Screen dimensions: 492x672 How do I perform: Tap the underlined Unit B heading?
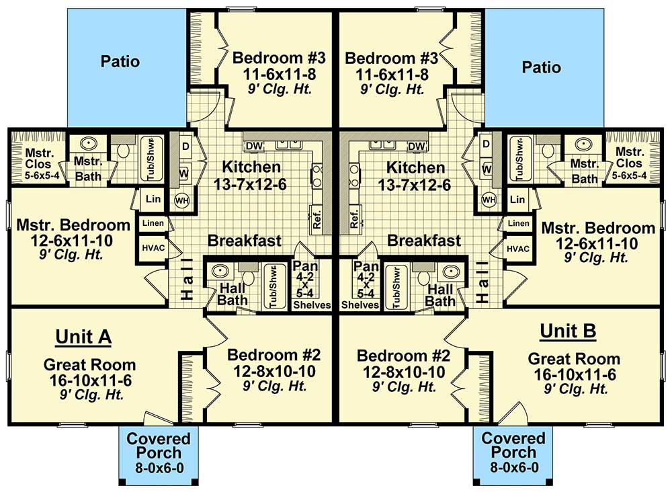point(568,331)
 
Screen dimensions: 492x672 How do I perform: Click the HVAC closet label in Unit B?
point(518,249)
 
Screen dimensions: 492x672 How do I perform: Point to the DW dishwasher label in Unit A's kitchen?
point(254,146)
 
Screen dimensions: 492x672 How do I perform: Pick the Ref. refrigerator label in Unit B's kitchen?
point(354,216)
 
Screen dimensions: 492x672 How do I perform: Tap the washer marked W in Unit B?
point(487,169)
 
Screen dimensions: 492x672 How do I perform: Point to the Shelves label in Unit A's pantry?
point(312,305)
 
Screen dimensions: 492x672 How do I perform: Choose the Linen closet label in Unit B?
point(518,223)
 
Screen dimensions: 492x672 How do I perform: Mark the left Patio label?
point(120,62)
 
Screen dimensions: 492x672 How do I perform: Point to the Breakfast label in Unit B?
point(425,241)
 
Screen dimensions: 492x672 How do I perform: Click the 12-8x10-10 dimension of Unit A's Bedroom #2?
point(271,371)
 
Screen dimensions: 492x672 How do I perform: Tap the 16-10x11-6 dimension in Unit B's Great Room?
point(574,375)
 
